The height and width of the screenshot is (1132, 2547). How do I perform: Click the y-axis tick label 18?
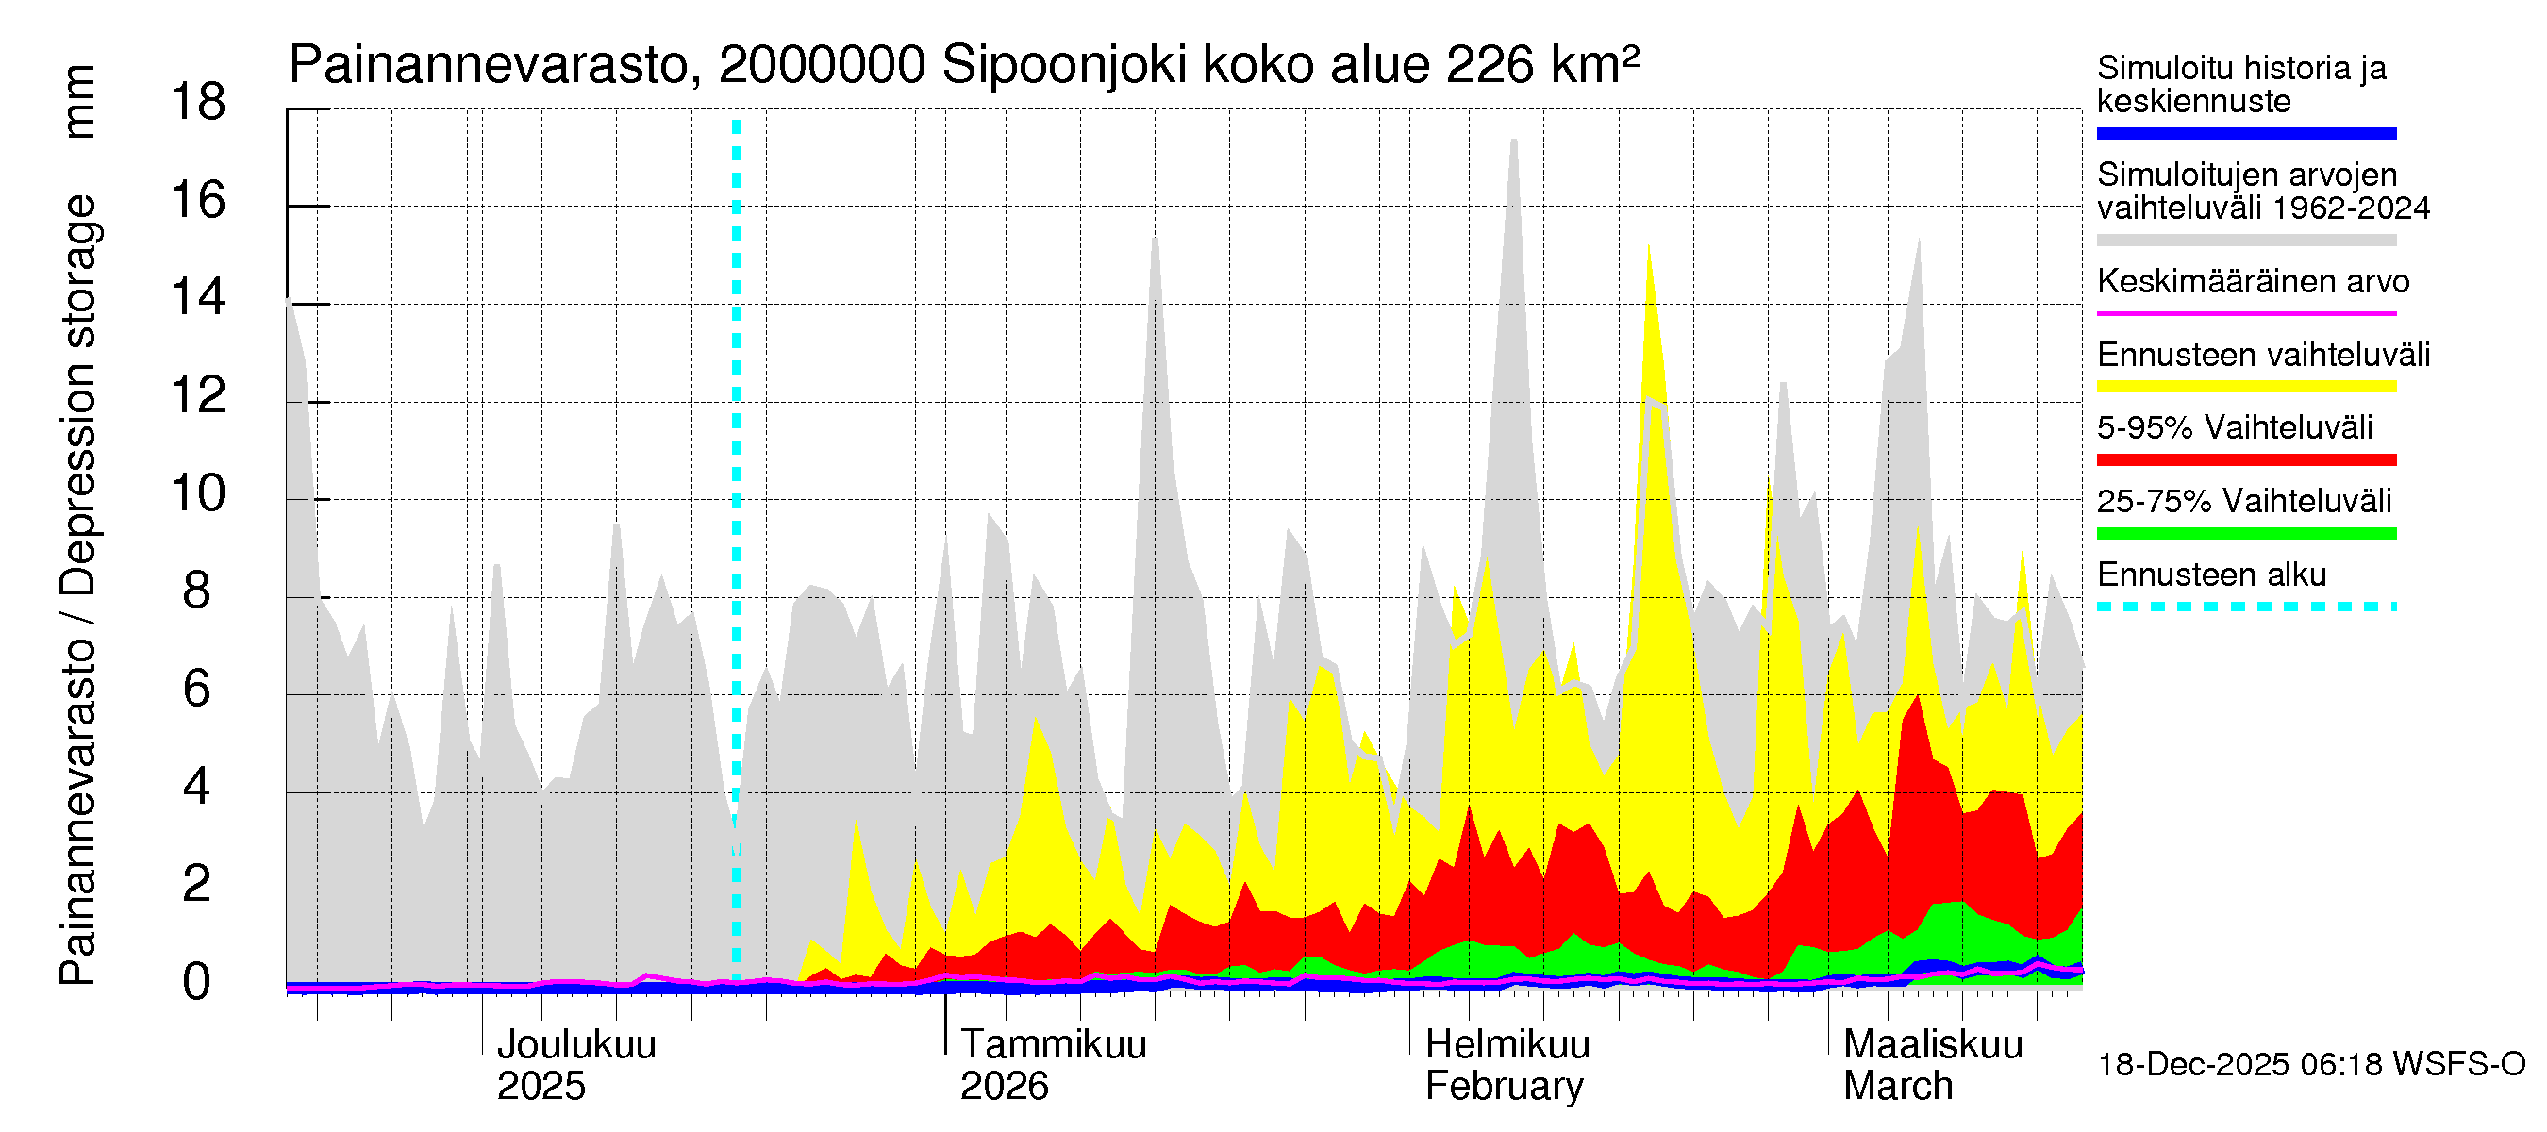[198, 102]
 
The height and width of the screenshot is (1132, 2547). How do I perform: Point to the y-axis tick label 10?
[198, 493]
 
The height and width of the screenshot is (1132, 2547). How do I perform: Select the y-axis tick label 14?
[198, 297]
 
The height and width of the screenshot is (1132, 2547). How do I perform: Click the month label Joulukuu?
[575, 1044]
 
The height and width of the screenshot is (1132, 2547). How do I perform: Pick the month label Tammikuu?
[1053, 1044]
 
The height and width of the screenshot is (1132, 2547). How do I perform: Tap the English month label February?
[1504, 1087]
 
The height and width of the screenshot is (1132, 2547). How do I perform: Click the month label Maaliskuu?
[1933, 1044]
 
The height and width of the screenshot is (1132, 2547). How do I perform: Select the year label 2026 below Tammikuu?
[1004, 1087]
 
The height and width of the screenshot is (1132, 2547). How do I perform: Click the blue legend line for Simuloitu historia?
[2246, 133]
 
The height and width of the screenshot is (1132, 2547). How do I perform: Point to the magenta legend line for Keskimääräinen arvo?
[2246, 313]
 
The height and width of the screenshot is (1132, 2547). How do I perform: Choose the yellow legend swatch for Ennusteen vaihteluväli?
[2246, 387]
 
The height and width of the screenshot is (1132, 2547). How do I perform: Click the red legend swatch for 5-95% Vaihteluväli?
[2246, 459]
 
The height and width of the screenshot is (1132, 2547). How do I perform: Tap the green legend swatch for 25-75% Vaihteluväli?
[2246, 534]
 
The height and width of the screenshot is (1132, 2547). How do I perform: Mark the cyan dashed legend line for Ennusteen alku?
[2246, 606]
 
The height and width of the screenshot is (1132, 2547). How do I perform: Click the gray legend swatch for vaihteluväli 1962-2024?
[2246, 241]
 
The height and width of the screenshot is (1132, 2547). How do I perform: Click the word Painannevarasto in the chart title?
[490, 66]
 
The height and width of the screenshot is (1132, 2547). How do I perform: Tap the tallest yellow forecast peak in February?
[1648, 249]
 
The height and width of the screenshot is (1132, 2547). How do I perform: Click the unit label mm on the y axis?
[79, 101]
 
